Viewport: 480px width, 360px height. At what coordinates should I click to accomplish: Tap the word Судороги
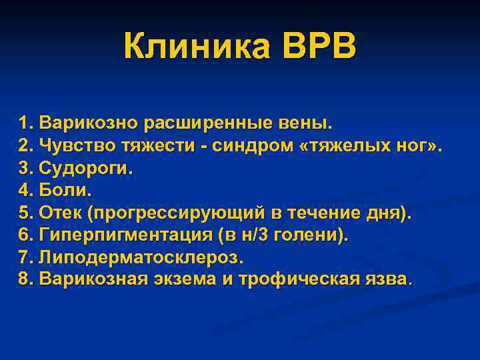pos(86,168)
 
